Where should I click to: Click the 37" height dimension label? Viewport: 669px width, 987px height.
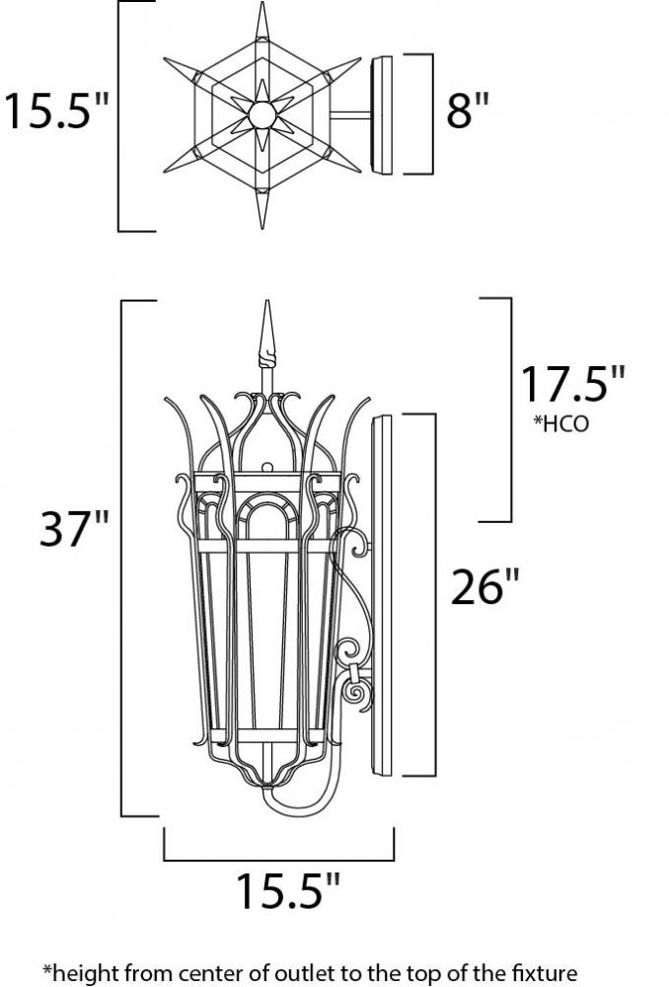click(74, 528)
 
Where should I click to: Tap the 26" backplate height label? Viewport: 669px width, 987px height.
click(485, 586)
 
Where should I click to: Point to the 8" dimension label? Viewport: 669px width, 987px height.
click(467, 111)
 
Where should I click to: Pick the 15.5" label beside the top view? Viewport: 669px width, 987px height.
click(56, 111)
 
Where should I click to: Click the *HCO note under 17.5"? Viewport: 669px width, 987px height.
click(561, 423)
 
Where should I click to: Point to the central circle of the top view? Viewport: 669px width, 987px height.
click(261, 115)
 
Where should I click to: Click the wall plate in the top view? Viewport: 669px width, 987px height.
click(382, 115)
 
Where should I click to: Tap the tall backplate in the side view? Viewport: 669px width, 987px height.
click(382, 594)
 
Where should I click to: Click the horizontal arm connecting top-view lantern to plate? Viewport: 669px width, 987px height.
click(350, 115)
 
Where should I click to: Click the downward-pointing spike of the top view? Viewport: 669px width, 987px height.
click(262, 207)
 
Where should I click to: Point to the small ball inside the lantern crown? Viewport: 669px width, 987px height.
click(267, 467)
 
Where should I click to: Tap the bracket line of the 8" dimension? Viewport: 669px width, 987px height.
click(432, 114)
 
